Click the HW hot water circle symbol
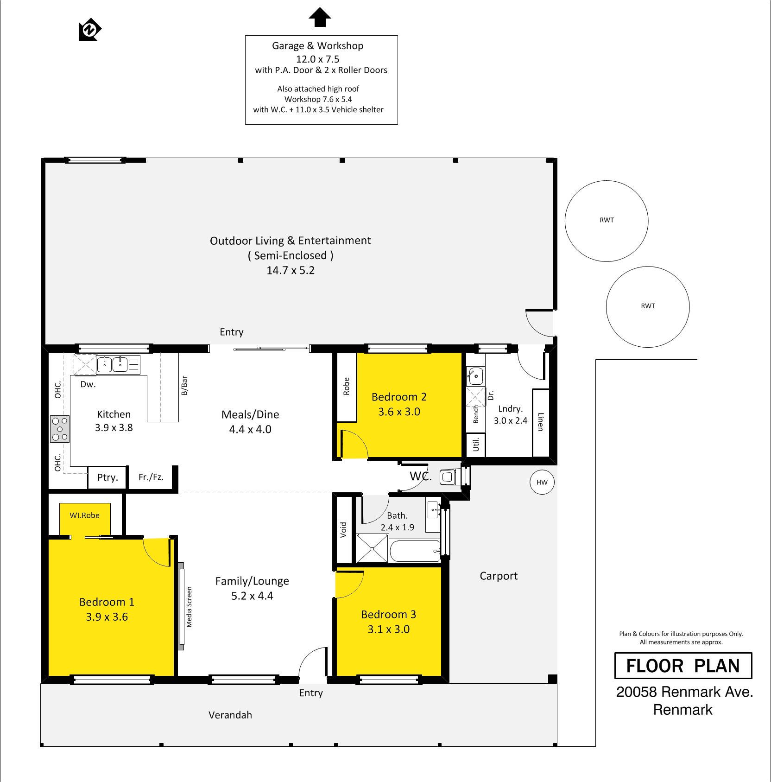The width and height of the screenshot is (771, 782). pyautogui.click(x=542, y=482)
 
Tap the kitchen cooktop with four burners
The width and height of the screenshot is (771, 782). pyautogui.click(x=60, y=429)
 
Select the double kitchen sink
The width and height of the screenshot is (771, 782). pyautogui.click(x=113, y=364)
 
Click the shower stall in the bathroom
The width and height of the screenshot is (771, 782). pyautogui.click(x=372, y=548)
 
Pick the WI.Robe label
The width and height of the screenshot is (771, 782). pyautogui.click(x=84, y=515)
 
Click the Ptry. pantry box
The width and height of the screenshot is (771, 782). pyautogui.click(x=107, y=477)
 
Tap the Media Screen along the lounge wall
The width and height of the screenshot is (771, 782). pyautogui.click(x=182, y=606)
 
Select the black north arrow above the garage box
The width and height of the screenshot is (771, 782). pyautogui.click(x=320, y=18)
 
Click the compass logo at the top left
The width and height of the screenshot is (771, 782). pyautogui.click(x=90, y=30)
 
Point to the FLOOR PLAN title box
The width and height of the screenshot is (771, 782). pyautogui.click(x=683, y=666)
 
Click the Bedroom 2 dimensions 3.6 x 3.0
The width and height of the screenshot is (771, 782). pyautogui.click(x=399, y=412)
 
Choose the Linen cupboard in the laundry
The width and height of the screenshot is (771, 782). pyautogui.click(x=540, y=422)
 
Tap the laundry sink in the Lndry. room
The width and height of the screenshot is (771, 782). pyautogui.click(x=475, y=376)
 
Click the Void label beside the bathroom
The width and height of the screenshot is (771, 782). pyautogui.click(x=343, y=530)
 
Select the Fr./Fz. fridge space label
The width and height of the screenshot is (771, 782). pyautogui.click(x=151, y=477)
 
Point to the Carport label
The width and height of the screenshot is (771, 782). pyautogui.click(x=499, y=576)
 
